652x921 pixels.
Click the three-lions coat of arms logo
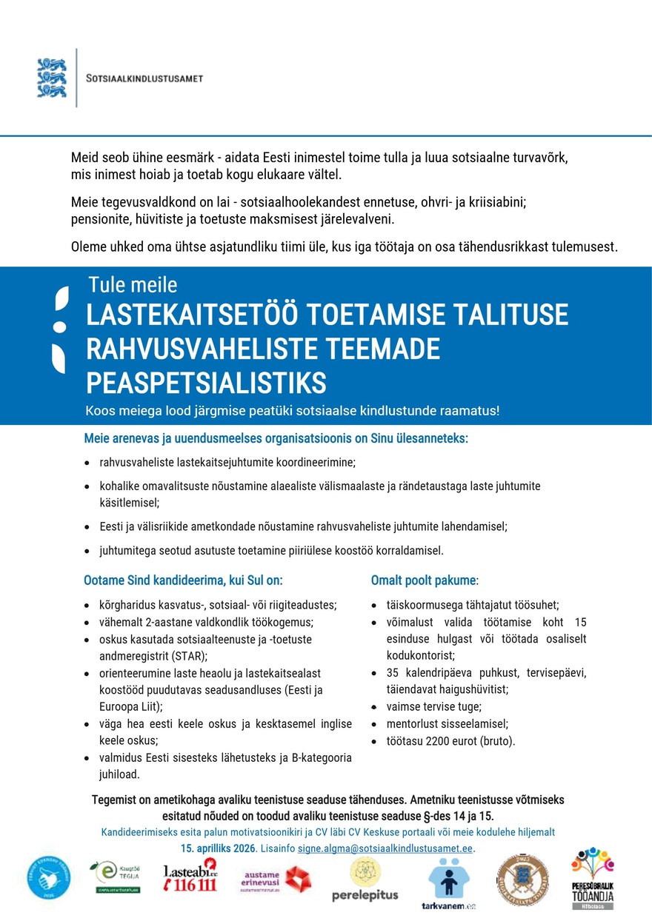[x=52, y=78]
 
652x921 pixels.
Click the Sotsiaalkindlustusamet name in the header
[x=145, y=78]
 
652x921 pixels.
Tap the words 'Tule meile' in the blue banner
[x=133, y=284]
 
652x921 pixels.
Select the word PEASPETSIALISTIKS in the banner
[x=206, y=384]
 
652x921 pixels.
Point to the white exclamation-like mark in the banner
[x=60, y=329]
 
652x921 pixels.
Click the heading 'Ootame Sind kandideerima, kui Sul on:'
[x=183, y=580]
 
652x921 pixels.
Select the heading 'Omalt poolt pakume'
[x=424, y=580]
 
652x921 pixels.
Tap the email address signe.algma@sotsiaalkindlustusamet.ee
[x=385, y=848]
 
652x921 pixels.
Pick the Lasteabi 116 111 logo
[x=190, y=876]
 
